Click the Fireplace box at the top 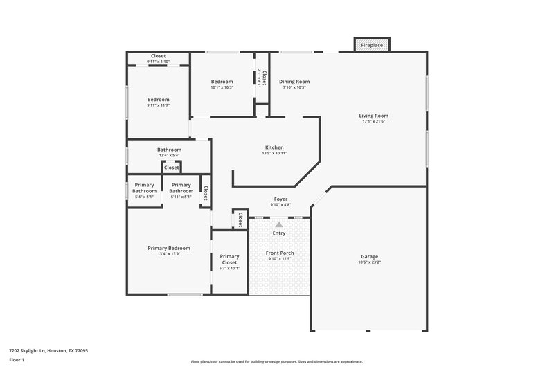click(x=372, y=45)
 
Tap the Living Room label click(x=373, y=116)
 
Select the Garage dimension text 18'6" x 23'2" click(x=369, y=262)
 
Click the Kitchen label click(x=275, y=147)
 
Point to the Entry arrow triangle click(x=278, y=224)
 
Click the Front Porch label click(x=280, y=253)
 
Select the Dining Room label click(x=294, y=82)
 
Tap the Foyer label click(x=280, y=199)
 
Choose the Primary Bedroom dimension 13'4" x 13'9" click(x=168, y=254)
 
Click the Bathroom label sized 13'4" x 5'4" click(x=169, y=150)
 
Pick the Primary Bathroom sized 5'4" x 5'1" click(x=145, y=188)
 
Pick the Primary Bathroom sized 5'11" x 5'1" click(x=181, y=188)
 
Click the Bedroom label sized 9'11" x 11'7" click(x=158, y=100)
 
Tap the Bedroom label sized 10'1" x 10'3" click(x=222, y=82)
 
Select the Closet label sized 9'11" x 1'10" click(x=158, y=56)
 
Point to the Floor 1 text click(x=17, y=361)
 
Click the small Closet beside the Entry click(x=240, y=219)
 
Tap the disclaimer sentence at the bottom click(x=276, y=361)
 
